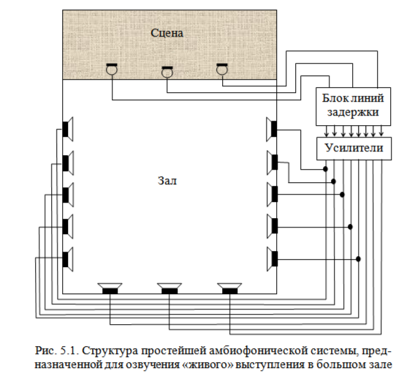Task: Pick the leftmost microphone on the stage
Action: point(111,70)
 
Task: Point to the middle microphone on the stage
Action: point(167,71)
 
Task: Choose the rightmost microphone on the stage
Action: point(222,70)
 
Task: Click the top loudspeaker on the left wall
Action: point(67,129)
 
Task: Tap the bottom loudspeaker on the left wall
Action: point(67,258)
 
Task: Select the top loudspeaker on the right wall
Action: point(272,129)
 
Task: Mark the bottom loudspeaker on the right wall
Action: point(272,258)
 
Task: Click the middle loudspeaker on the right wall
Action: point(272,194)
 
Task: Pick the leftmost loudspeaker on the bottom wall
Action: point(111,288)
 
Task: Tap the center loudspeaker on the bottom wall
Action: point(170,288)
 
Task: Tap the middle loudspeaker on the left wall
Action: point(67,194)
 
